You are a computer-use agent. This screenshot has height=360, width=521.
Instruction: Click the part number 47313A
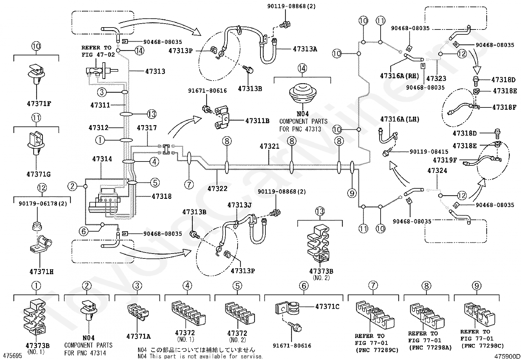tap(305, 49)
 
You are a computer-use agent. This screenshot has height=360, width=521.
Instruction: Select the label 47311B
tap(258, 121)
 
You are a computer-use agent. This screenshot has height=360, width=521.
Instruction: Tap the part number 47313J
tap(239, 205)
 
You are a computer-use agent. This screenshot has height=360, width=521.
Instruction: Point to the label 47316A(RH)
tap(400, 76)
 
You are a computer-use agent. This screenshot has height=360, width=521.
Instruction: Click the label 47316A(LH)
tap(400, 119)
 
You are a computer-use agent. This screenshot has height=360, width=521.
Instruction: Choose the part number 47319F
tap(445, 160)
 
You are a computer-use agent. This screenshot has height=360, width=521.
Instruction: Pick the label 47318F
tap(504, 107)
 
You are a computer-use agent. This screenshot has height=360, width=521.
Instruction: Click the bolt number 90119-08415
tap(429, 152)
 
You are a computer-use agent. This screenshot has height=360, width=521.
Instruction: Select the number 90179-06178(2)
tap(43, 204)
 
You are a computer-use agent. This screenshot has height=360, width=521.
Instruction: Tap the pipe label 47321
tap(269, 146)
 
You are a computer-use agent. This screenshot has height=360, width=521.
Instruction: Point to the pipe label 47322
tap(217, 188)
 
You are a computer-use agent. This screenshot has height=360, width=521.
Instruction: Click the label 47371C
tap(327, 307)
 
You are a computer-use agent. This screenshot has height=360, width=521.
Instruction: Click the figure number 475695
tap(12, 356)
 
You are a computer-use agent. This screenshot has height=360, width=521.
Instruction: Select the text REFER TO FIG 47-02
tap(98, 51)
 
